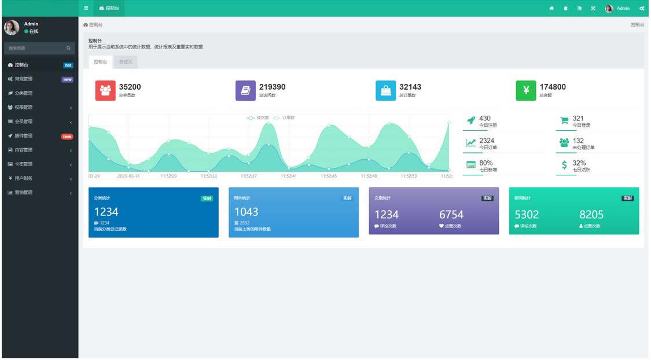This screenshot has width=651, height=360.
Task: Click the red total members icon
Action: [x=105, y=90]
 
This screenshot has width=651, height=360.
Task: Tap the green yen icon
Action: [x=526, y=90]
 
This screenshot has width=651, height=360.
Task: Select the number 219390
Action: [x=272, y=87]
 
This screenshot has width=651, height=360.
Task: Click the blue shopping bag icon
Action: [x=385, y=90]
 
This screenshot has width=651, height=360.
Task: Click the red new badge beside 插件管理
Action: [x=67, y=136]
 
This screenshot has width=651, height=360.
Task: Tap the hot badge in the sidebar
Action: [x=68, y=65]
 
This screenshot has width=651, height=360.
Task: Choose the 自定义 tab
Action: [x=125, y=61]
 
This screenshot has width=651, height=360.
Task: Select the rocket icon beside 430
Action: [x=471, y=120]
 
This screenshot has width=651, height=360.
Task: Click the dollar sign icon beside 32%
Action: [x=564, y=165]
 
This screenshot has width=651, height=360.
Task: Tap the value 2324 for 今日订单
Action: [x=487, y=141]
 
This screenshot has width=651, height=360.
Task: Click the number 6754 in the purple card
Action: [x=451, y=215]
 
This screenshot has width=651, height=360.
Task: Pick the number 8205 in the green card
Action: [x=591, y=215]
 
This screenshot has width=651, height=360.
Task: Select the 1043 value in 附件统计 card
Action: [x=246, y=212]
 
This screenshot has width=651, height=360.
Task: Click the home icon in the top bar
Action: [x=551, y=8]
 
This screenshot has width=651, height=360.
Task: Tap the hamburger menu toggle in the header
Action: [x=86, y=8]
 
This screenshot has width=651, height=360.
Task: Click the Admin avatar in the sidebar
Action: [x=12, y=28]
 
